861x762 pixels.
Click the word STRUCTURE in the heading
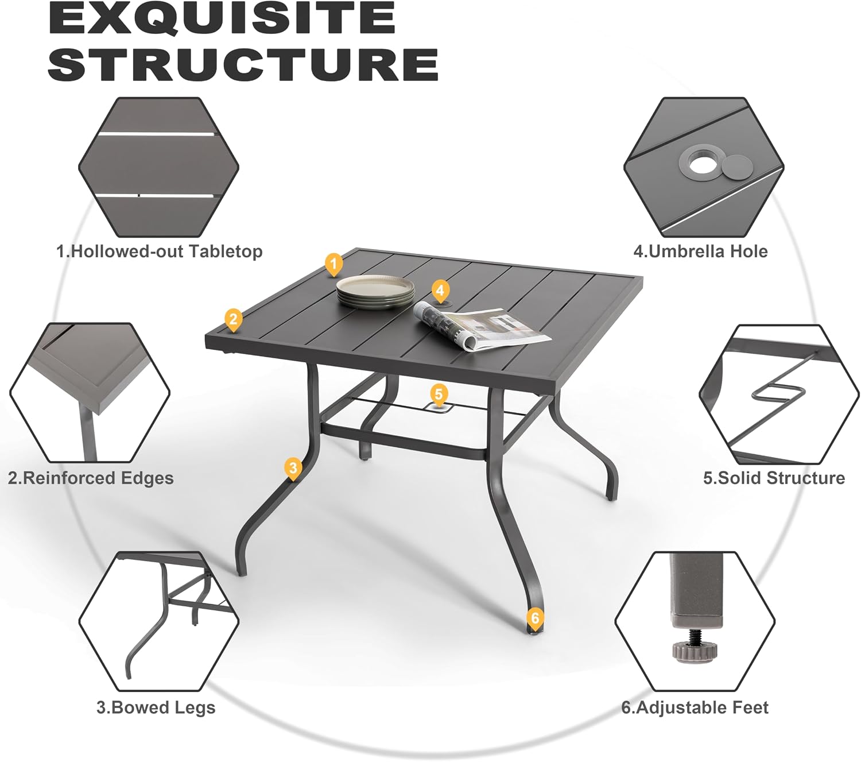(243, 64)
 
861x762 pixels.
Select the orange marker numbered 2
(233, 320)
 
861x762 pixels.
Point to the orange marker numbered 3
(293, 469)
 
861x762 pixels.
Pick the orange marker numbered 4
(440, 291)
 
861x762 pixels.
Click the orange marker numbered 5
(439, 394)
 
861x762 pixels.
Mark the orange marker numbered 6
(535, 618)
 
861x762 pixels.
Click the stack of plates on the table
(375, 292)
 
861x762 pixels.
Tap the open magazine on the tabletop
(482, 325)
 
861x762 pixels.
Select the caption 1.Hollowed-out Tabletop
(160, 252)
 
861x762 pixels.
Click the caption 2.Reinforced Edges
(91, 478)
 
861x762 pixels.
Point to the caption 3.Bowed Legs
(156, 707)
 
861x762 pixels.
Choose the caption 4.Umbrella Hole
(700, 252)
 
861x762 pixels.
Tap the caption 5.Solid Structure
(774, 478)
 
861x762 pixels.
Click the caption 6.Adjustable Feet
(695, 707)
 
